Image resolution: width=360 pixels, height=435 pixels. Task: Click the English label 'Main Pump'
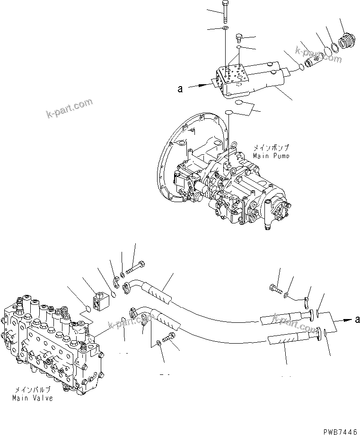tap(271, 155)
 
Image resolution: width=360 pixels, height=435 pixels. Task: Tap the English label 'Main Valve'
tap(33, 398)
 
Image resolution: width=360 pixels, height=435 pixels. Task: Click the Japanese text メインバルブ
tap(32, 391)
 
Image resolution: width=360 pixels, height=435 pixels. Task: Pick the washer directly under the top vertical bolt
tap(225, 29)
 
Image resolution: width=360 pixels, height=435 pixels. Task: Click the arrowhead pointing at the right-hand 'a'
tap(344, 320)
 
